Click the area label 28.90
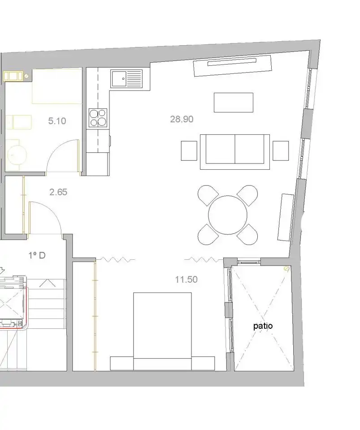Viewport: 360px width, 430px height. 182,119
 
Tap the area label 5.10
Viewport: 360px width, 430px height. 57,121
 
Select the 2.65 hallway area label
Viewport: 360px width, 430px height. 58,192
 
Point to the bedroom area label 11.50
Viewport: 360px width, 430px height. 187,279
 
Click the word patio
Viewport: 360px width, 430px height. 263,326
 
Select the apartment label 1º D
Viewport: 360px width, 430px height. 37,256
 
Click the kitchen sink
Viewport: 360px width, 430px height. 126,79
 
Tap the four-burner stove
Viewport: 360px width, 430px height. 98,118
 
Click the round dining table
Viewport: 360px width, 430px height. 227,215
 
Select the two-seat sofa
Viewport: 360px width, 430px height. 235,152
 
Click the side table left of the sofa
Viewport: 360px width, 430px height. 189,150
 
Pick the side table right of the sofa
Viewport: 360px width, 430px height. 281,150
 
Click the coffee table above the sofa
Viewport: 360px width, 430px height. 234,102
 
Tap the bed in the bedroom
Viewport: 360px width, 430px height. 162,331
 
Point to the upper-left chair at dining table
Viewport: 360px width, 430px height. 208,195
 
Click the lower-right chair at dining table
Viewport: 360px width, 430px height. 247,234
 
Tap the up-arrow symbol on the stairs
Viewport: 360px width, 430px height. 47,283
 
